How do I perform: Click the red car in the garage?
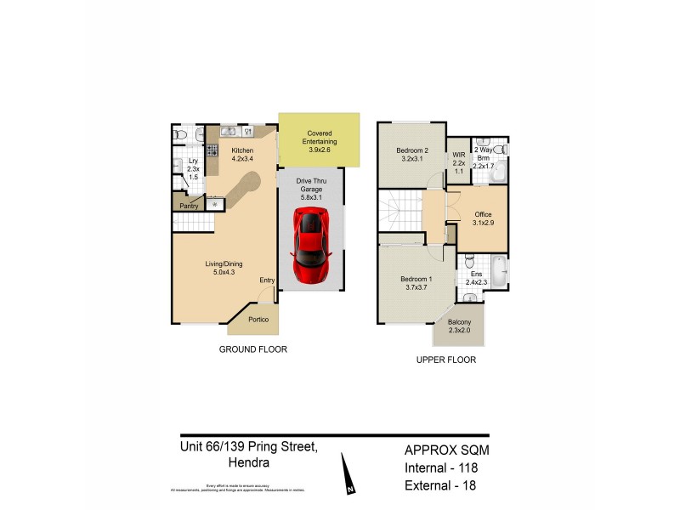(310, 246)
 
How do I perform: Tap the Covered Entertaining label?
(320, 137)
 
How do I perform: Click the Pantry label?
(188, 206)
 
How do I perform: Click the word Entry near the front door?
(267, 280)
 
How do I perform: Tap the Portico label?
(260, 320)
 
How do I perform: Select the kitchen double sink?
(229, 132)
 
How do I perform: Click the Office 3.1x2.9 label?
(482, 218)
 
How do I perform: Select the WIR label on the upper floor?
(458, 155)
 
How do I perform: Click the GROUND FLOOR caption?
(253, 349)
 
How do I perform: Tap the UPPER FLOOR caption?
(445, 360)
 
